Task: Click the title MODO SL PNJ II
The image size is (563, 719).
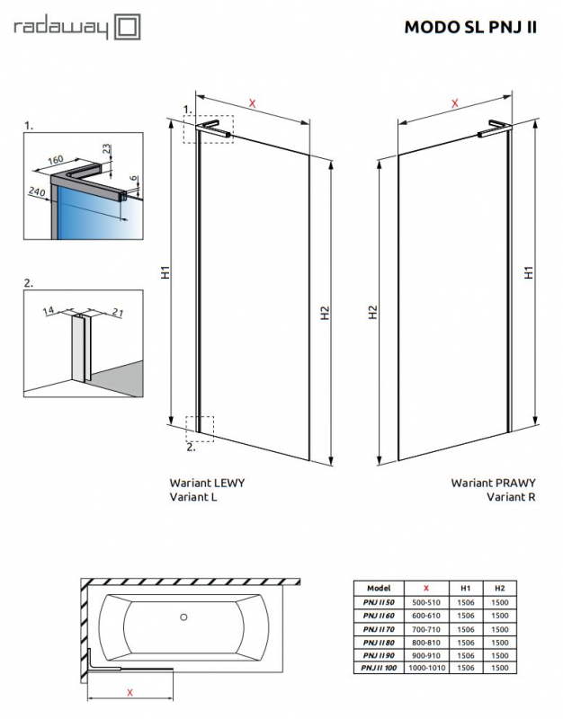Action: [470, 27]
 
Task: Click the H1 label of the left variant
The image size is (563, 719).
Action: [165, 272]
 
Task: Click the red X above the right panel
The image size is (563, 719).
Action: [455, 104]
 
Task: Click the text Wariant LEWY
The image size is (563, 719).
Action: [207, 482]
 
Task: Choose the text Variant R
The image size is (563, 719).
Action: [511, 496]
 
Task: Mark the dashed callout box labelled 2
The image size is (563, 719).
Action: [201, 428]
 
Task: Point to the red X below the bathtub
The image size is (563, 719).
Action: [130, 692]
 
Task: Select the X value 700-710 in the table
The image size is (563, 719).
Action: [425, 631]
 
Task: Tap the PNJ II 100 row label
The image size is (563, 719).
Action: [377, 669]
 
